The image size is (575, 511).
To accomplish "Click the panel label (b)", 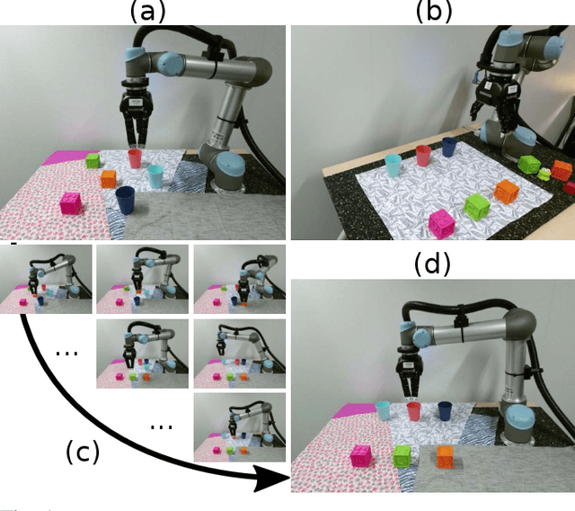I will pyautogui.click(x=433, y=11).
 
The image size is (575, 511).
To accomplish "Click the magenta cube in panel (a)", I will pyautogui.click(x=70, y=203).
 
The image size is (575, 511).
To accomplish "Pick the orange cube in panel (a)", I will pyautogui.click(x=109, y=178).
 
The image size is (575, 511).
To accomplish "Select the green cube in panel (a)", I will pyautogui.click(x=92, y=162).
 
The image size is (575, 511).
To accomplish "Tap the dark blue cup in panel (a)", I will pyautogui.click(x=127, y=199).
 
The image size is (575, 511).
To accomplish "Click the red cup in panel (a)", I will pyautogui.click(x=136, y=158).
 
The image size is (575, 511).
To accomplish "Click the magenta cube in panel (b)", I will pyautogui.click(x=441, y=223).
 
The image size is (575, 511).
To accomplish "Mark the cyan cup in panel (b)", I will pyautogui.click(x=393, y=167).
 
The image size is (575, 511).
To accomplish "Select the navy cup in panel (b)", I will pyautogui.click(x=449, y=148).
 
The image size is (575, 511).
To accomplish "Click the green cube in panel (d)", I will pyautogui.click(x=404, y=457).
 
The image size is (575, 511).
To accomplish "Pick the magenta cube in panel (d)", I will pyautogui.click(x=361, y=457).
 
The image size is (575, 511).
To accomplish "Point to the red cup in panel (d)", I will pyautogui.click(x=413, y=412).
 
